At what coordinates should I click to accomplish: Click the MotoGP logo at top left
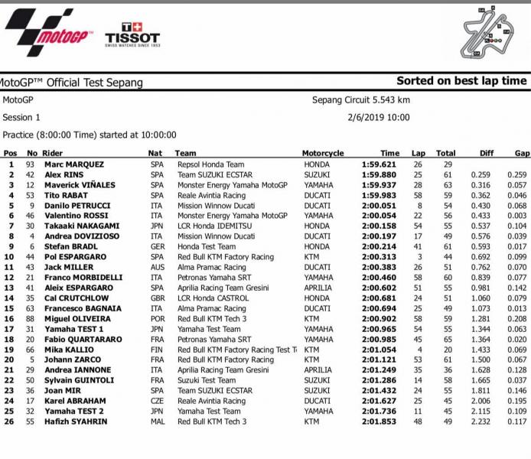[x=46, y=31]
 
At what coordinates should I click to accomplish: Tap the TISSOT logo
[x=132, y=34]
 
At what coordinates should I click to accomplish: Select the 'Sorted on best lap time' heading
[x=461, y=81]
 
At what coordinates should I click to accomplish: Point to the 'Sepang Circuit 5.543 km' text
[x=360, y=99]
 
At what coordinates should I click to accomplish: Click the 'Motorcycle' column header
[x=323, y=153]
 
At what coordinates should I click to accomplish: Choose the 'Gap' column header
[x=521, y=153]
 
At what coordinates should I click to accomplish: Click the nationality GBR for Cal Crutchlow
[x=157, y=298]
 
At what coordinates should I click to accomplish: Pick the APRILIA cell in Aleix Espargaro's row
[x=318, y=288]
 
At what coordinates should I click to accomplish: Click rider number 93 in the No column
[x=31, y=164]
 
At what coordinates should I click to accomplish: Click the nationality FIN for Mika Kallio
[x=156, y=349]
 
